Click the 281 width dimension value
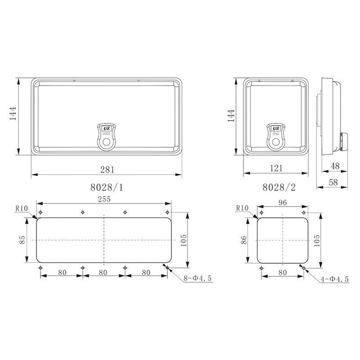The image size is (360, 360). [107, 170]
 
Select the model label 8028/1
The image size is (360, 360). [107, 187]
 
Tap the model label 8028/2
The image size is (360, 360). [279, 187]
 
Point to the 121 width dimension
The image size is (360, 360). [276, 168]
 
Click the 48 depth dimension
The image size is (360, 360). [335, 166]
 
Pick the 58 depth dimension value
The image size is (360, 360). [333, 182]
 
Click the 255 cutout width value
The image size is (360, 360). [104, 199]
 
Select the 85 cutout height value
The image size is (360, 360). [22, 240]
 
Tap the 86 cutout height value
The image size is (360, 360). [243, 240]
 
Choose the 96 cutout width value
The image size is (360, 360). [283, 202]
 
